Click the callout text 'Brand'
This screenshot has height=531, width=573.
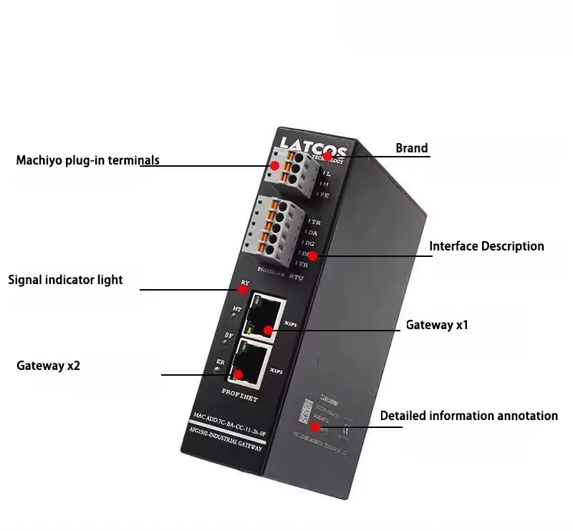point(412,149)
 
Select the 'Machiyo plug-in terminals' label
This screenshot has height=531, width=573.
point(87,160)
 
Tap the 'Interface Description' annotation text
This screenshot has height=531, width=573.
point(486,246)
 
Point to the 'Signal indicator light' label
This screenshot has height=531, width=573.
point(65,280)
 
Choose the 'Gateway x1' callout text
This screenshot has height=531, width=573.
point(437,325)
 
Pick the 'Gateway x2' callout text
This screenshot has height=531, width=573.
point(48,366)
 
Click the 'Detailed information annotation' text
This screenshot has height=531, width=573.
point(468,416)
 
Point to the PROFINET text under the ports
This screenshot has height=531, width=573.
point(240,395)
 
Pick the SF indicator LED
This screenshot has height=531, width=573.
point(231,341)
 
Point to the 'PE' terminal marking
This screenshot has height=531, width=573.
point(324,195)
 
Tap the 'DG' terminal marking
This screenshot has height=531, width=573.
point(315,243)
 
